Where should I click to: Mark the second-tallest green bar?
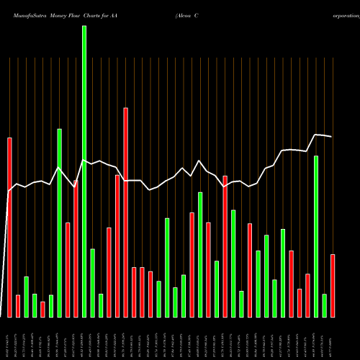(x=60, y=223)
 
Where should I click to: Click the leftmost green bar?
(x=26, y=297)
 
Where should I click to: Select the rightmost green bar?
(x=325, y=305)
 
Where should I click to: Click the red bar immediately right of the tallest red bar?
(x=134, y=292)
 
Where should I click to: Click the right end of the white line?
(x=332, y=137)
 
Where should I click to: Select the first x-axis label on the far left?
(x=9, y=338)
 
